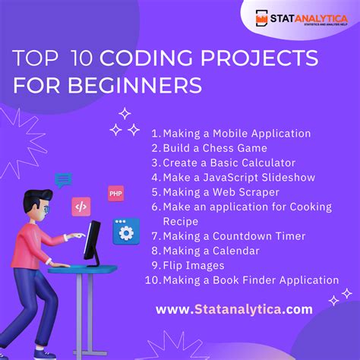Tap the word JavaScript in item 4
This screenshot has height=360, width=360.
tap(231, 177)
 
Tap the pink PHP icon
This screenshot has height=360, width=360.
tap(116, 194)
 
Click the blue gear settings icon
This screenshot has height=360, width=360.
tap(125, 231)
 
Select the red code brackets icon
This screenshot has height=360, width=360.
tap(81, 206)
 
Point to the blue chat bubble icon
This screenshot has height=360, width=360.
tap(64, 180)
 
